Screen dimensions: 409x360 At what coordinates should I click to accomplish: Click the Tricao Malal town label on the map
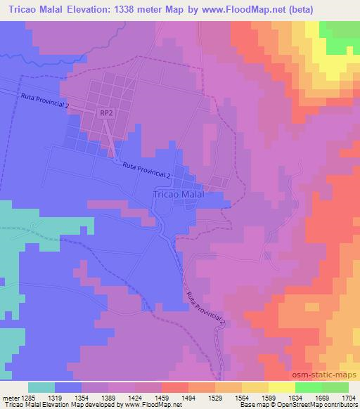(178, 195)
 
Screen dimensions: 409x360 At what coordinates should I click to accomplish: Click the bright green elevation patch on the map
(340, 35)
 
